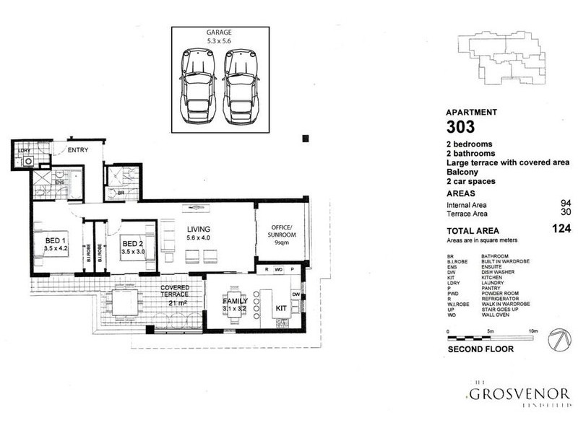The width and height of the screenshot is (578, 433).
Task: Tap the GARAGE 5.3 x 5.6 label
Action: coord(220,37)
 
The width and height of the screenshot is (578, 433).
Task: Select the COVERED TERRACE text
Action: coord(174,292)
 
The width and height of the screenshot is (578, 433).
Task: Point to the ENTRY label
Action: coord(77,151)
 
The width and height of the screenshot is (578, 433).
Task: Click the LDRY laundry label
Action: coord(25,152)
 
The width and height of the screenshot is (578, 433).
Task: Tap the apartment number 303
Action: coord(460,128)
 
